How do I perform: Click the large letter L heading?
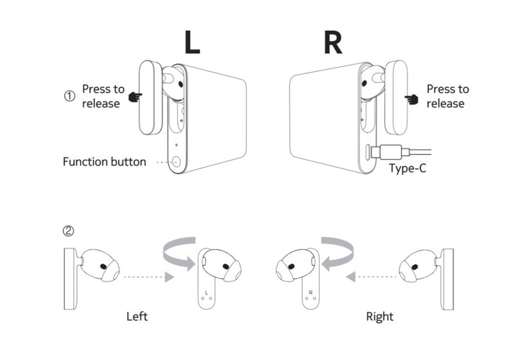tap(192, 42)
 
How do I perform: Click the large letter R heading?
tap(333, 42)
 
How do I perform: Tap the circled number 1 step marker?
tap(70, 96)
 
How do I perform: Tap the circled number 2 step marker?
tap(69, 231)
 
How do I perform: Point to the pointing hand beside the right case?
tap(412, 96)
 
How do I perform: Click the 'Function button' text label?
tap(104, 161)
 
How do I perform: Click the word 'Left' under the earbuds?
tap(137, 316)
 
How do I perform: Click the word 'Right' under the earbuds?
tap(379, 316)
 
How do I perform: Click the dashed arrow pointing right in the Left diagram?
tap(148, 276)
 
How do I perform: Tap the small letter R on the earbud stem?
tap(310, 292)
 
